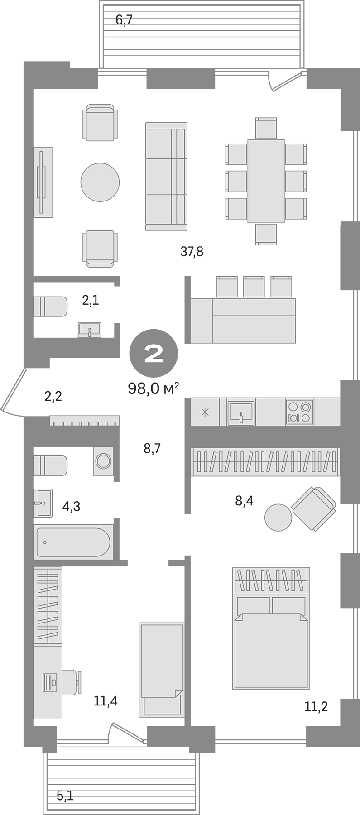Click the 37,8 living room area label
[x=192, y=251]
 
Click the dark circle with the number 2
[x=154, y=353]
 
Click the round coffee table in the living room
[x=100, y=182]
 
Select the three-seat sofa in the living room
[x=166, y=176]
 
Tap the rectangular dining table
[x=266, y=181]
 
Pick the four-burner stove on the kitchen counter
[x=299, y=412]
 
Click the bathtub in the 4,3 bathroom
[x=73, y=542]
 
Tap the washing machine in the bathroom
[x=103, y=461]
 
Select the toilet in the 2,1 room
[x=50, y=307]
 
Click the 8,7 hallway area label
[x=152, y=449]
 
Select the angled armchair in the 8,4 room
[x=313, y=508]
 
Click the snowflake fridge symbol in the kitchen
[x=205, y=412]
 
